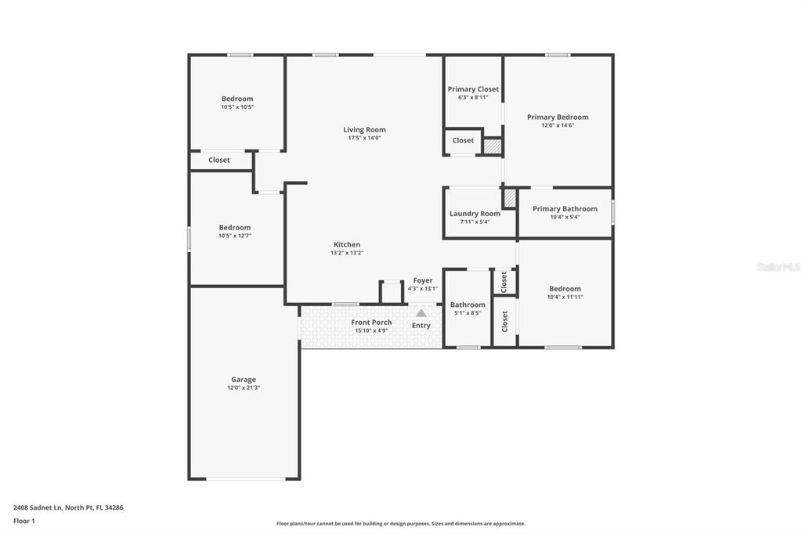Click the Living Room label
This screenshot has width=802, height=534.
click(x=364, y=130)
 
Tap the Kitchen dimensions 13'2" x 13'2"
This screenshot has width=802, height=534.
click(x=346, y=253)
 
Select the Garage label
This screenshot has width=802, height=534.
click(x=243, y=380)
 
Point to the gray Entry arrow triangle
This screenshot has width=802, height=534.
click(x=421, y=313)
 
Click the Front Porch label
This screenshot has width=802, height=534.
click(x=371, y=323)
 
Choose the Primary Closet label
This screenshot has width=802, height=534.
click(x=473, y=89)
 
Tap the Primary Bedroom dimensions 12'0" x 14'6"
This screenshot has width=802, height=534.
click(x=557, y=125)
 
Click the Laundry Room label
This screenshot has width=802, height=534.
click(x=475, y=214)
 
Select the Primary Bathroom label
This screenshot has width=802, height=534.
click(x=565, y=209)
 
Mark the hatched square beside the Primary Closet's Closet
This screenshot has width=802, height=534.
click(x=492, y=146)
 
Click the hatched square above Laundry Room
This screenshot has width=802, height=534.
click(x=510, y=198)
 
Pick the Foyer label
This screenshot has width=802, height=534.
click(x=423, y=280)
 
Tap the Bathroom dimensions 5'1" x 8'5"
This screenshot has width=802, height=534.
click(x=468, y=313)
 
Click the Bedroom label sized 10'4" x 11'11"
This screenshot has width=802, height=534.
click(x=565, y=289)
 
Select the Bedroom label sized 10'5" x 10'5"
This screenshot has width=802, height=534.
click(x=237, y=99)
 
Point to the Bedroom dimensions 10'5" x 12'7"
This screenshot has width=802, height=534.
click(x=235, y=236)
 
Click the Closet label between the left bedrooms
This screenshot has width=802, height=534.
click(x=219, y=161)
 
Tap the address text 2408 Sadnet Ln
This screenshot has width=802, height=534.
click(x=68, y=507)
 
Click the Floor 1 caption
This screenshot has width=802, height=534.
click(x=24, y=521)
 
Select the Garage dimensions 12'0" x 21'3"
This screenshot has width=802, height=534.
click(x=243, y=388)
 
